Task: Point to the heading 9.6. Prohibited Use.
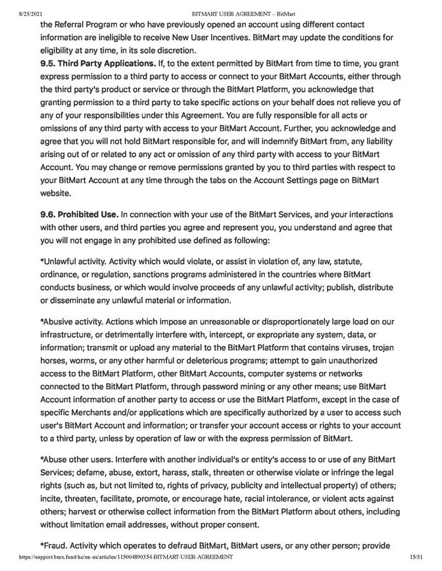click(79, 215)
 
